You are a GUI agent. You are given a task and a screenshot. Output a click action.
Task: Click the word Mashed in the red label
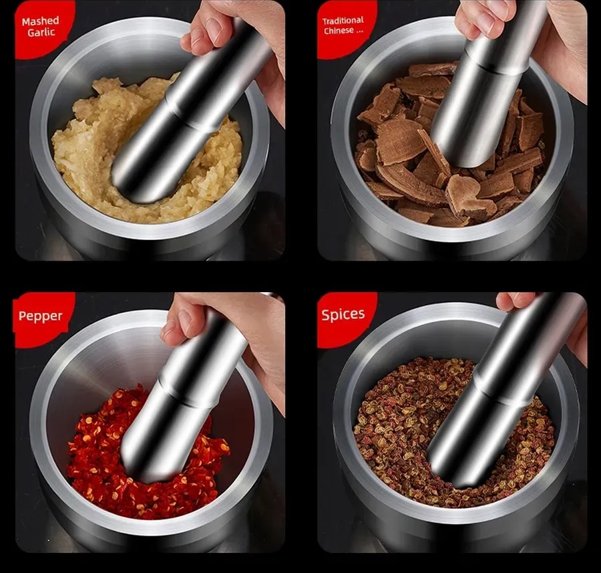click(41, 21)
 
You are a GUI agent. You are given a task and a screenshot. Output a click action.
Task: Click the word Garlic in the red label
click(41, 32)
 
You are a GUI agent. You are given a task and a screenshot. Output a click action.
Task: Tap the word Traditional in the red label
click(343, 21)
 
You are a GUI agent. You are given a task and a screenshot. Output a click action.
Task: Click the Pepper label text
click(40, 316)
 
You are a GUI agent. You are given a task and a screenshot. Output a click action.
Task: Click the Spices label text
click(343, 314)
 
